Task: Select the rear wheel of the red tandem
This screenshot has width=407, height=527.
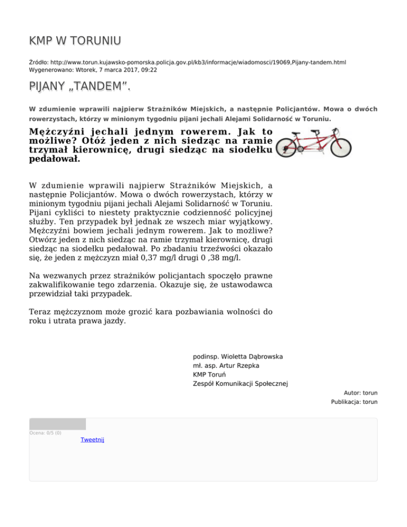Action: pyautogui.click(x=290, y=147)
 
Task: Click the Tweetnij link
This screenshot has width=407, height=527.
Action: pyautogui.click(x=92, y=440)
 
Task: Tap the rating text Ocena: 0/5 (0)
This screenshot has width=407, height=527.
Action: pyautogui.click(x=45, y=433)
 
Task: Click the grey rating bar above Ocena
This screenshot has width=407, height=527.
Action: pyautogui.click(x=57, y=424)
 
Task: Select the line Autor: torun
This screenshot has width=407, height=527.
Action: pyautogui.click(x=360, y=393)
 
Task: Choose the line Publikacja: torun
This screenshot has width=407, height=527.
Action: pyautogui.click(x=353, y=402)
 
